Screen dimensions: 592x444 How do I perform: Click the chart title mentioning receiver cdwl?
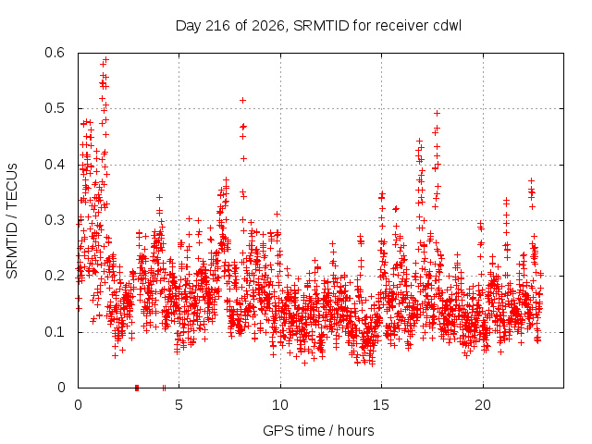318,26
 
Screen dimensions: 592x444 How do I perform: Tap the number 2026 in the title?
267,26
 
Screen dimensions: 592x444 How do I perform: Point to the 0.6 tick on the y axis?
55,53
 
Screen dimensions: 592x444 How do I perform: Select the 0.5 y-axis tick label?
55,108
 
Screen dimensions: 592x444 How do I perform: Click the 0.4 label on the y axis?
55,165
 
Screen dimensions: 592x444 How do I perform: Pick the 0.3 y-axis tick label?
55,220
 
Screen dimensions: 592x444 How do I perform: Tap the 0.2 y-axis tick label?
55,276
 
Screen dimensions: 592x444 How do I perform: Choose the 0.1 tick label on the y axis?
55,332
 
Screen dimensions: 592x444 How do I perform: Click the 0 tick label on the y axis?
61,388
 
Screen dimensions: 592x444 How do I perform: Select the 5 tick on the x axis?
179,405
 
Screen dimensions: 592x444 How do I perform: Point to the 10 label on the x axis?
280,405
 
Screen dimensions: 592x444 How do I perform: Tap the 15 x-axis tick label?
381,405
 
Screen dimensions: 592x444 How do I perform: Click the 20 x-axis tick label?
483,405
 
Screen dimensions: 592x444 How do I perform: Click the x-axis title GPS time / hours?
318,430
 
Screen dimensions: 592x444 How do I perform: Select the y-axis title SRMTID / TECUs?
12,221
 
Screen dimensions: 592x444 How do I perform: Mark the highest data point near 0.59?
106,59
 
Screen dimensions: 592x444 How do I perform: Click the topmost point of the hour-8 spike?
243,100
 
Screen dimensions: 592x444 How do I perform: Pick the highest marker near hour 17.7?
438,113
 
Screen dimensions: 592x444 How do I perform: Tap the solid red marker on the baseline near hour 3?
137,388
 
